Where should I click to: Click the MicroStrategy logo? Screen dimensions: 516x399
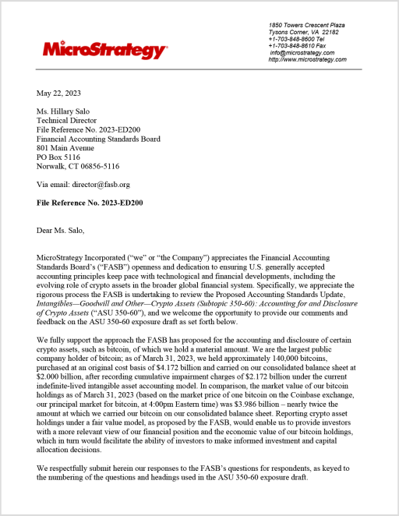click(x=104, y=51)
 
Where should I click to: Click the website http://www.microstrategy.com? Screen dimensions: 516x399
click(x=307, y=60)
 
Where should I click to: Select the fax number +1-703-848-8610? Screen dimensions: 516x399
click(x=301, y=46)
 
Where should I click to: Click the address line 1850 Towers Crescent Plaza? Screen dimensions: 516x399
click(x=306, y=25)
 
